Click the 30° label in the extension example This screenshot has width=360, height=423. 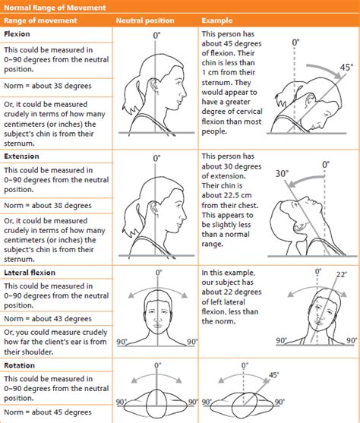point(283,173)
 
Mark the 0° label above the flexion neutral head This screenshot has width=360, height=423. point(157,35)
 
